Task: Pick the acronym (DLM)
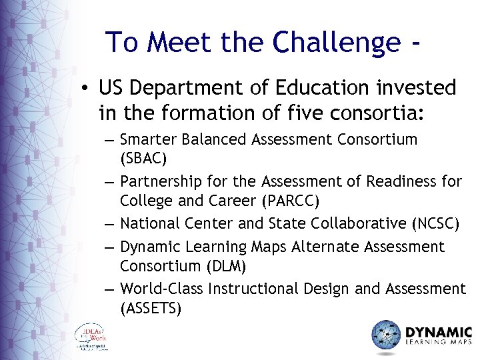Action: point(225,267)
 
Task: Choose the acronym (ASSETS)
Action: point(151,309)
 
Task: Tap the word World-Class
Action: point(162,288)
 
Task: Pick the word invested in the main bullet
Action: point(420,88)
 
